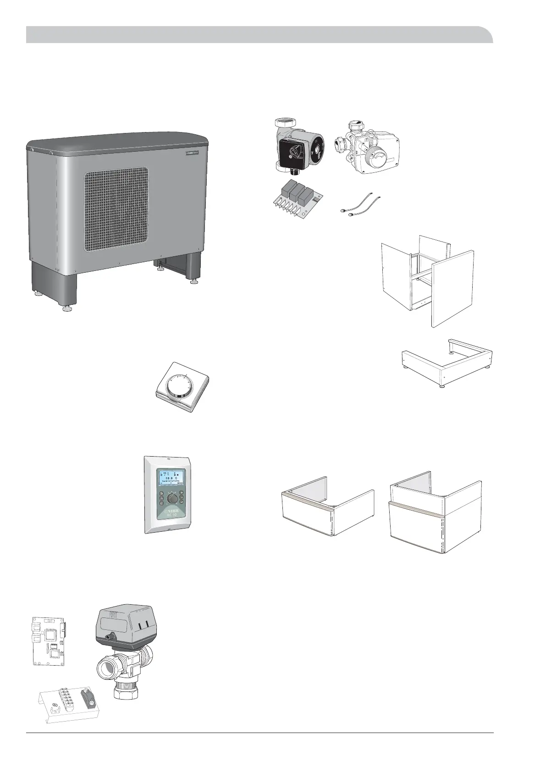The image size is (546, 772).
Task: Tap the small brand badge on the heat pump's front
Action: click(195, 154)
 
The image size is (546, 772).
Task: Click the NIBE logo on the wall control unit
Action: click(171, 513)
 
